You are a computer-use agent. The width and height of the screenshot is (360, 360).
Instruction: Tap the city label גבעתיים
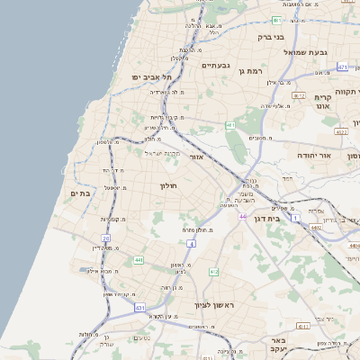216,65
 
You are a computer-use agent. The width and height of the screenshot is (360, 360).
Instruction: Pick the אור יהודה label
315,156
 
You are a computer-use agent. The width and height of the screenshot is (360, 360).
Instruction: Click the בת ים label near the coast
80,194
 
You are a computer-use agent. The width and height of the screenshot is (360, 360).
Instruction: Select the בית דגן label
288,217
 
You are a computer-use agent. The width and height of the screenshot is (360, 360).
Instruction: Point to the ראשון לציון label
212,307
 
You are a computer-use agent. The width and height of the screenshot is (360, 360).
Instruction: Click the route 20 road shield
106,238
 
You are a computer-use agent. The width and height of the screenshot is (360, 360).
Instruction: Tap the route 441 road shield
139,260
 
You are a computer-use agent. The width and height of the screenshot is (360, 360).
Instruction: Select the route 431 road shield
140,307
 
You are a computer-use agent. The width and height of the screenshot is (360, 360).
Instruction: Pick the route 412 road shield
213,272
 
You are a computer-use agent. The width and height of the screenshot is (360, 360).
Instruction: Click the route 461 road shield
230,125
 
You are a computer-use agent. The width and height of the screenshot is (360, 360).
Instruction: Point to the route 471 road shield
342,67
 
